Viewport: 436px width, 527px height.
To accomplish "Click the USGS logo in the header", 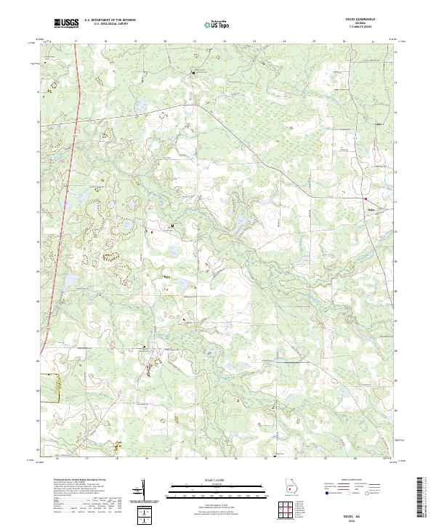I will click(66, 24).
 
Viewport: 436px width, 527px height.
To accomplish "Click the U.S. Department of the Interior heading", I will click(110, 20).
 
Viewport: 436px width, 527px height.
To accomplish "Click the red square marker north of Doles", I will click(367, 199).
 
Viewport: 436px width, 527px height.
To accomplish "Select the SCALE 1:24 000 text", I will click(217, 480).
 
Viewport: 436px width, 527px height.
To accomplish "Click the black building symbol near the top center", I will click(194, 73).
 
